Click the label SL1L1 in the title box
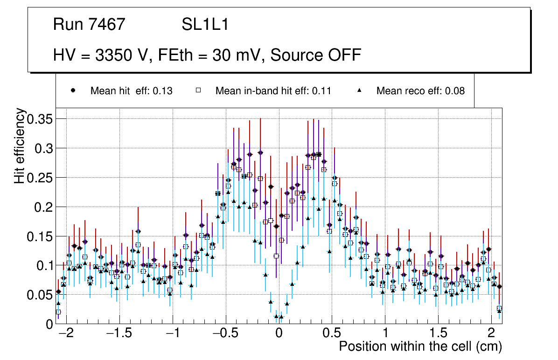[205, 25]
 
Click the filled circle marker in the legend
[73, 90]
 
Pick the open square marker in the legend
[198, 90]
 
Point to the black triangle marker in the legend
[360, 90]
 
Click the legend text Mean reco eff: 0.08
[420, 91]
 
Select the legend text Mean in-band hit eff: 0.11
[273, 91]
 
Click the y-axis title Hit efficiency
[20, 145]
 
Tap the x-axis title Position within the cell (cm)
[420, 347]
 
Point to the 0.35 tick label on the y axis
[39, 119]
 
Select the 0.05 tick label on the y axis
[39, 295]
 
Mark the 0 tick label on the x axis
[279, 334]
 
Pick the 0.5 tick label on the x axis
[332, 334]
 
